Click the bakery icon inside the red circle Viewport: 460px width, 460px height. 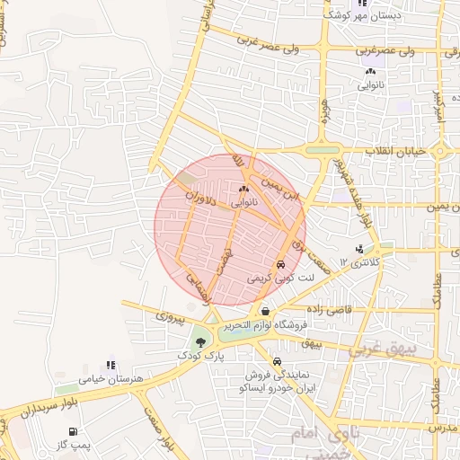243,190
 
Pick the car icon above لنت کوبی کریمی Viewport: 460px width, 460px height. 281,266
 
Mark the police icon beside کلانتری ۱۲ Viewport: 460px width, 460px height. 359,249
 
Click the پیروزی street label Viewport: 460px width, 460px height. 170,316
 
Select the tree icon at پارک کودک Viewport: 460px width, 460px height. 199,341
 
